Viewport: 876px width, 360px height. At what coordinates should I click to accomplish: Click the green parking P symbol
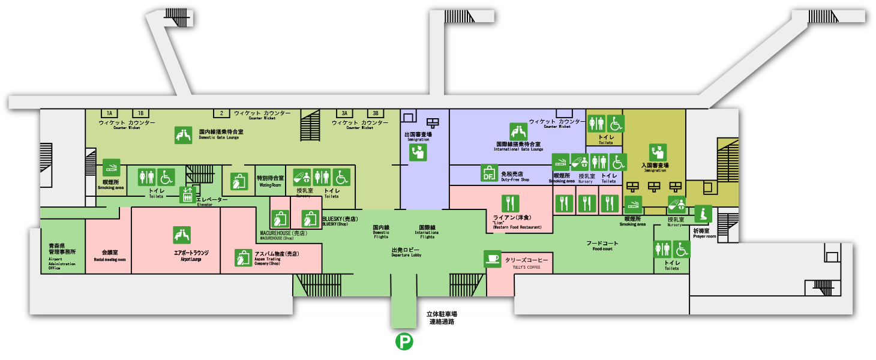point(404,343)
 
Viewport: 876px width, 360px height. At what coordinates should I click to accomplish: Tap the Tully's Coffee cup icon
point(493,259)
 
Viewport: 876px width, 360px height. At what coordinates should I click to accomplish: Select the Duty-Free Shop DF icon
point(489,173)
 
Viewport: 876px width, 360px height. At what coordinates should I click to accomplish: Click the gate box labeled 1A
point(109,113)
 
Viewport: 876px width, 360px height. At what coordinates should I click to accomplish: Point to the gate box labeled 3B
point(376,113)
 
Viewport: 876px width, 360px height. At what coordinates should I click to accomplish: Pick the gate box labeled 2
point(221,113)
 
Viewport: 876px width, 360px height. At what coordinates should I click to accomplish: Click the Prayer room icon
point(703,214)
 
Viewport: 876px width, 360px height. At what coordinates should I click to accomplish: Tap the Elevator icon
point(188,194)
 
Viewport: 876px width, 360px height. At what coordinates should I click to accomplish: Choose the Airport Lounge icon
point(182,235)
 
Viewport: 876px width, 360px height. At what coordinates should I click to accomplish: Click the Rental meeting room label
point(110,255)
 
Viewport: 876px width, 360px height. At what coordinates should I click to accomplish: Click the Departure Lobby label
point(406,251)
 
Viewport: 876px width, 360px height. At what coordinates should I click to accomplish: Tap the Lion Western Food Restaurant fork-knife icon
point(511,203)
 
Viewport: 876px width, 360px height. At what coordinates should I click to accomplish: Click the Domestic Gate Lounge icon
point(184,135)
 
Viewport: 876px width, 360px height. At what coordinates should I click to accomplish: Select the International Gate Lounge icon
point(518,131)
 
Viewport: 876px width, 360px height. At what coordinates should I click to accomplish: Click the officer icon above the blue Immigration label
point(418,152)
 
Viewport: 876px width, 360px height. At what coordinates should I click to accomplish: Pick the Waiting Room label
point(270,181)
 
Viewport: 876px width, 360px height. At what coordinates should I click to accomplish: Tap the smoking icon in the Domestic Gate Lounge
point(112,167)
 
